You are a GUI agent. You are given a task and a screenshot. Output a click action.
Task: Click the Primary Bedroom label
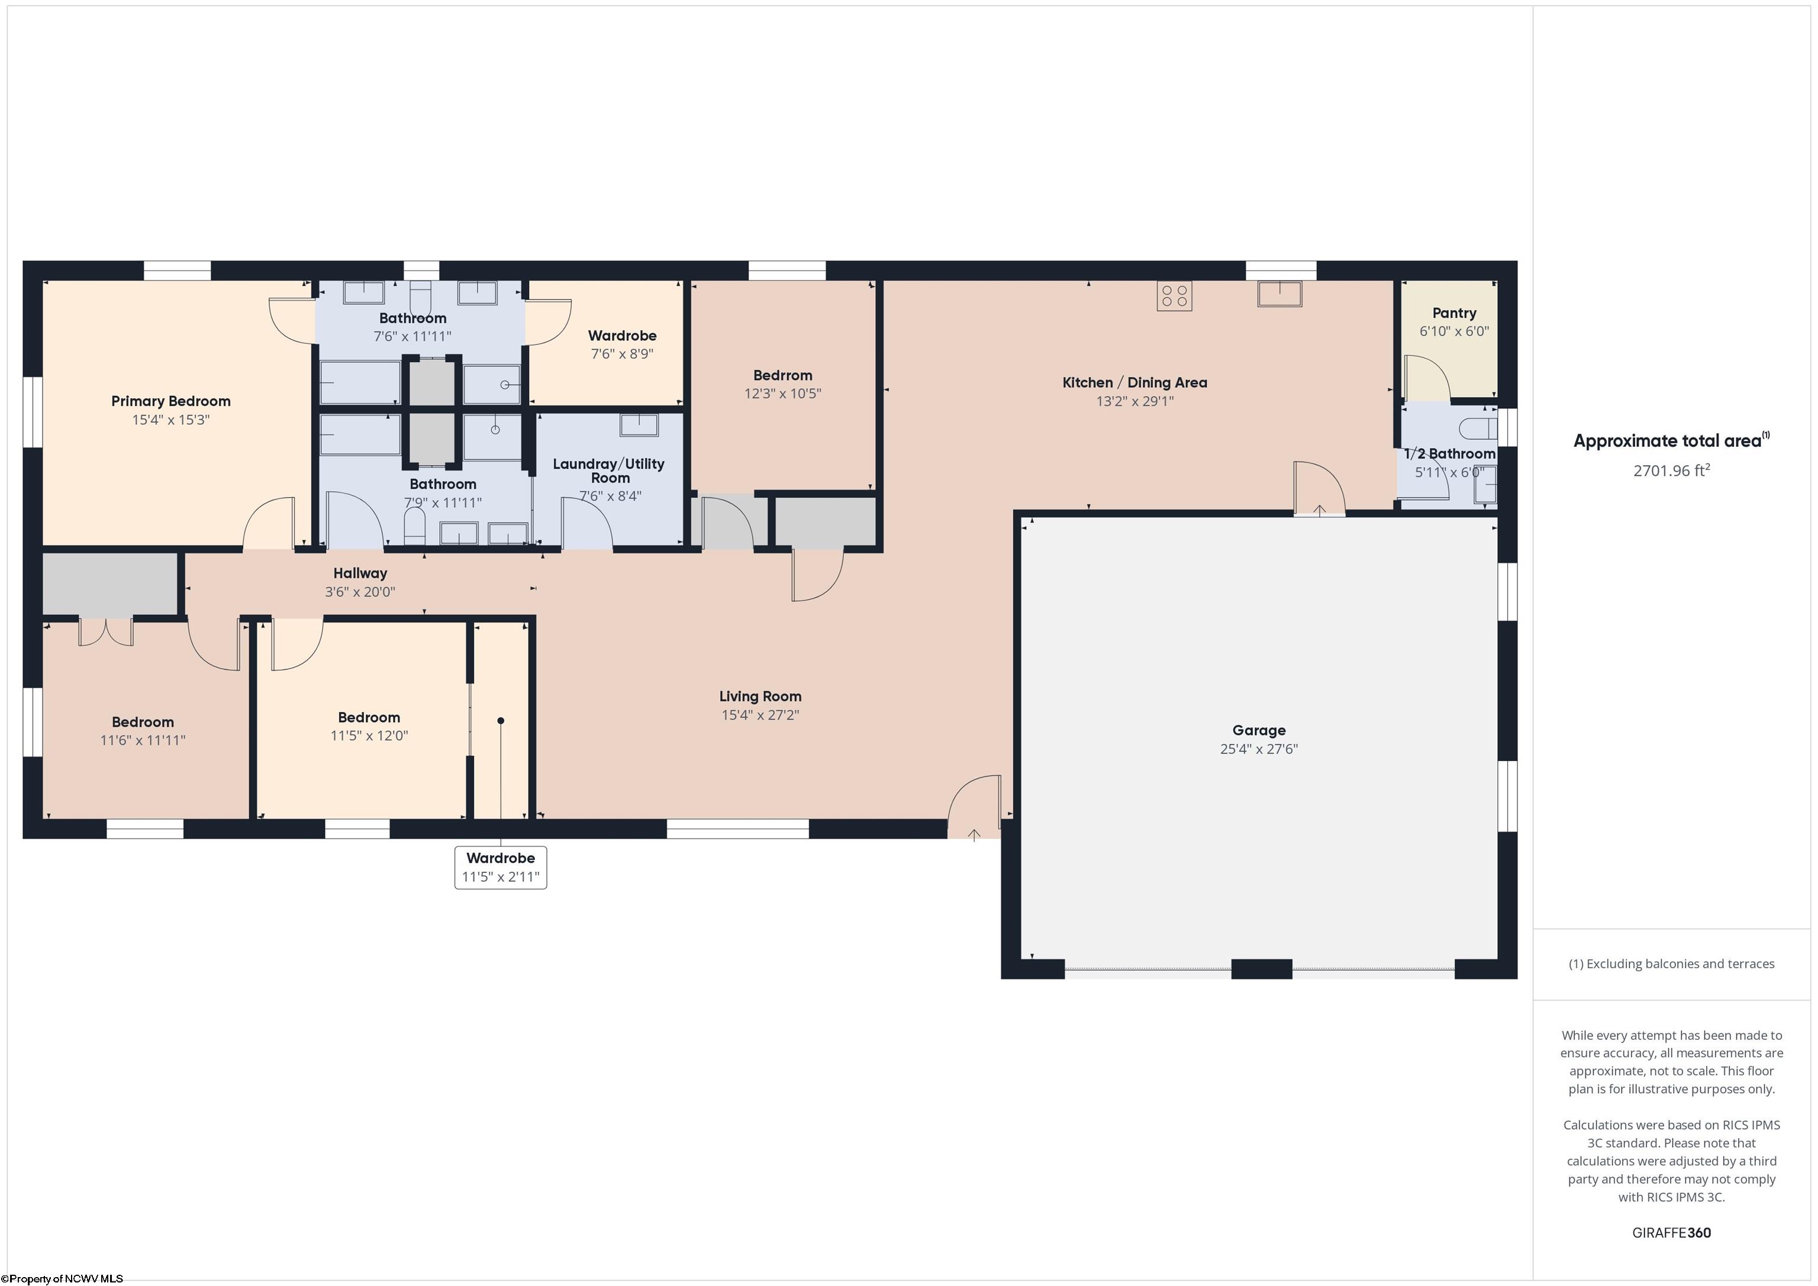(170, 401)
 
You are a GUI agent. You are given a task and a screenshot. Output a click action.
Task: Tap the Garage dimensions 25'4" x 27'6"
(1258, 749)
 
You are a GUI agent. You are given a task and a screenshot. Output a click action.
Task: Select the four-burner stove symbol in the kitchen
(1174, 296)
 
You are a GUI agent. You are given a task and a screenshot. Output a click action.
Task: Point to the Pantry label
(1454, 313)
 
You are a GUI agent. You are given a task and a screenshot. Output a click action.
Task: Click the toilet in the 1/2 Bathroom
(1478, 429)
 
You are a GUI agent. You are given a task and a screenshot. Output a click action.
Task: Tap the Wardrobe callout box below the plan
(501, 867)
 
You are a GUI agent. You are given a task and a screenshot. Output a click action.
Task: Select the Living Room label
(760, 696)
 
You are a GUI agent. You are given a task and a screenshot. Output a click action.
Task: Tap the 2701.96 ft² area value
(1671, 470)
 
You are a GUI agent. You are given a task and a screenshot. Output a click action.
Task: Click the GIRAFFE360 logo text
(1671, 1232)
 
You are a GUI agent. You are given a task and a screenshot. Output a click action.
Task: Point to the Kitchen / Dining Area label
(1134, 382)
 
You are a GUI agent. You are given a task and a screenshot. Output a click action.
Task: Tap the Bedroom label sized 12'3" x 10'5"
(782, 375)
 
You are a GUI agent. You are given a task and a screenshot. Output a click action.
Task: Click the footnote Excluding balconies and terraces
(1671, 963)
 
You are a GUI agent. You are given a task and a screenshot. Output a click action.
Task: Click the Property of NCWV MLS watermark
(62, 1278)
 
